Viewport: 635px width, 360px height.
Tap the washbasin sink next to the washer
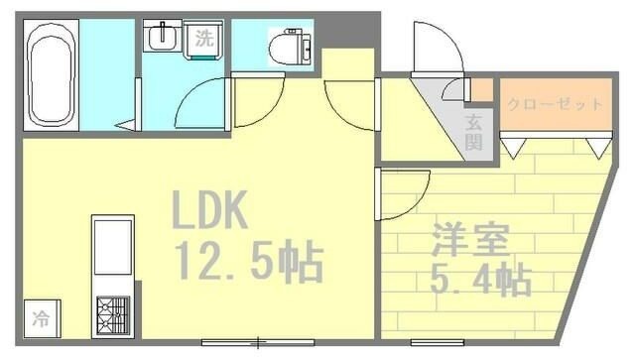(x=160, y=38)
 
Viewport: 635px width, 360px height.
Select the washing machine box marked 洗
(x=202, y=40)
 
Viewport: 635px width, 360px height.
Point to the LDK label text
(x=210, y=210)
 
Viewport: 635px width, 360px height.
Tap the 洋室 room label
(x=471, y=241)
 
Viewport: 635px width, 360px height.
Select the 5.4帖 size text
(x=479, y=280)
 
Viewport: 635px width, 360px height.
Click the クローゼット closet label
(x=554, y=104)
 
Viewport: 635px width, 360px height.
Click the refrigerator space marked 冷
(x=42, y=319)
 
